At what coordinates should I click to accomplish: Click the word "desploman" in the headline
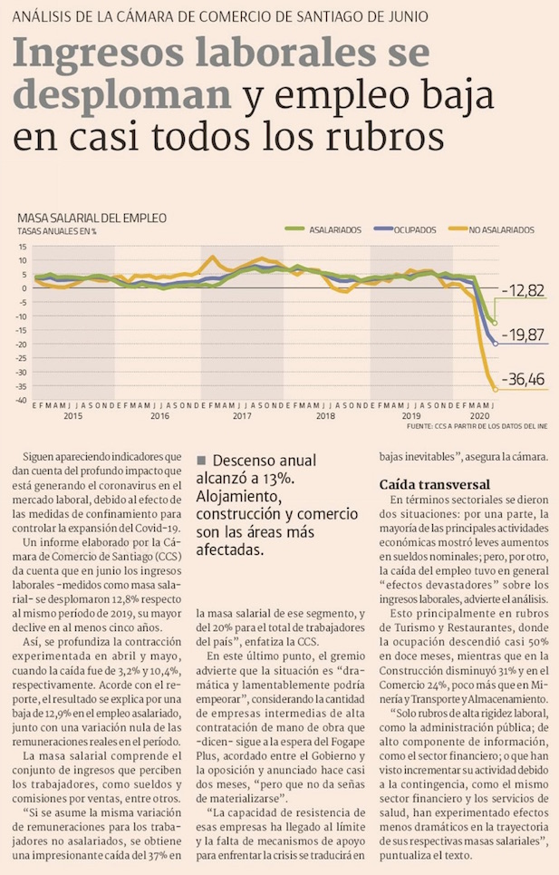tap(122, 95)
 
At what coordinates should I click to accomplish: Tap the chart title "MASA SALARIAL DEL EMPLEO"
tap(92, 218)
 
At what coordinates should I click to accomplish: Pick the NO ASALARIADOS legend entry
tap(499, 230)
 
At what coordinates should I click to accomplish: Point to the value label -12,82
tap(527, 290)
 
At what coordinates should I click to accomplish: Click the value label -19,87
tap(527, 336)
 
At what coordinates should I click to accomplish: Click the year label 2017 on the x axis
tap(242, 416)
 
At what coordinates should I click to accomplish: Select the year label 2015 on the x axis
tap(72, 416)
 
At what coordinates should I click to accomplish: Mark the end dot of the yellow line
tap(495, 390)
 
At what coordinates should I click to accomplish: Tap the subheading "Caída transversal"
tap(434, 485)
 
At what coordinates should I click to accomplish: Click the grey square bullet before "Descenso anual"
tap(202, 460)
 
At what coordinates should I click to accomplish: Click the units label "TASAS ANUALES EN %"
tap(57, 231)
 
